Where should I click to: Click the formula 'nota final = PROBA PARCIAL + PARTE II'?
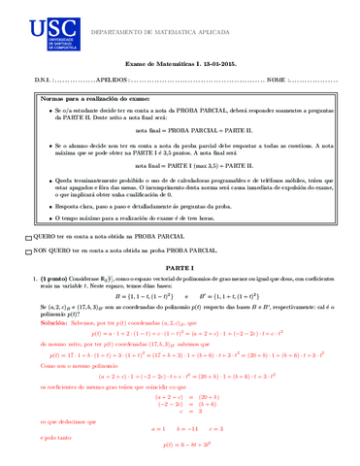click(179, 129)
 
